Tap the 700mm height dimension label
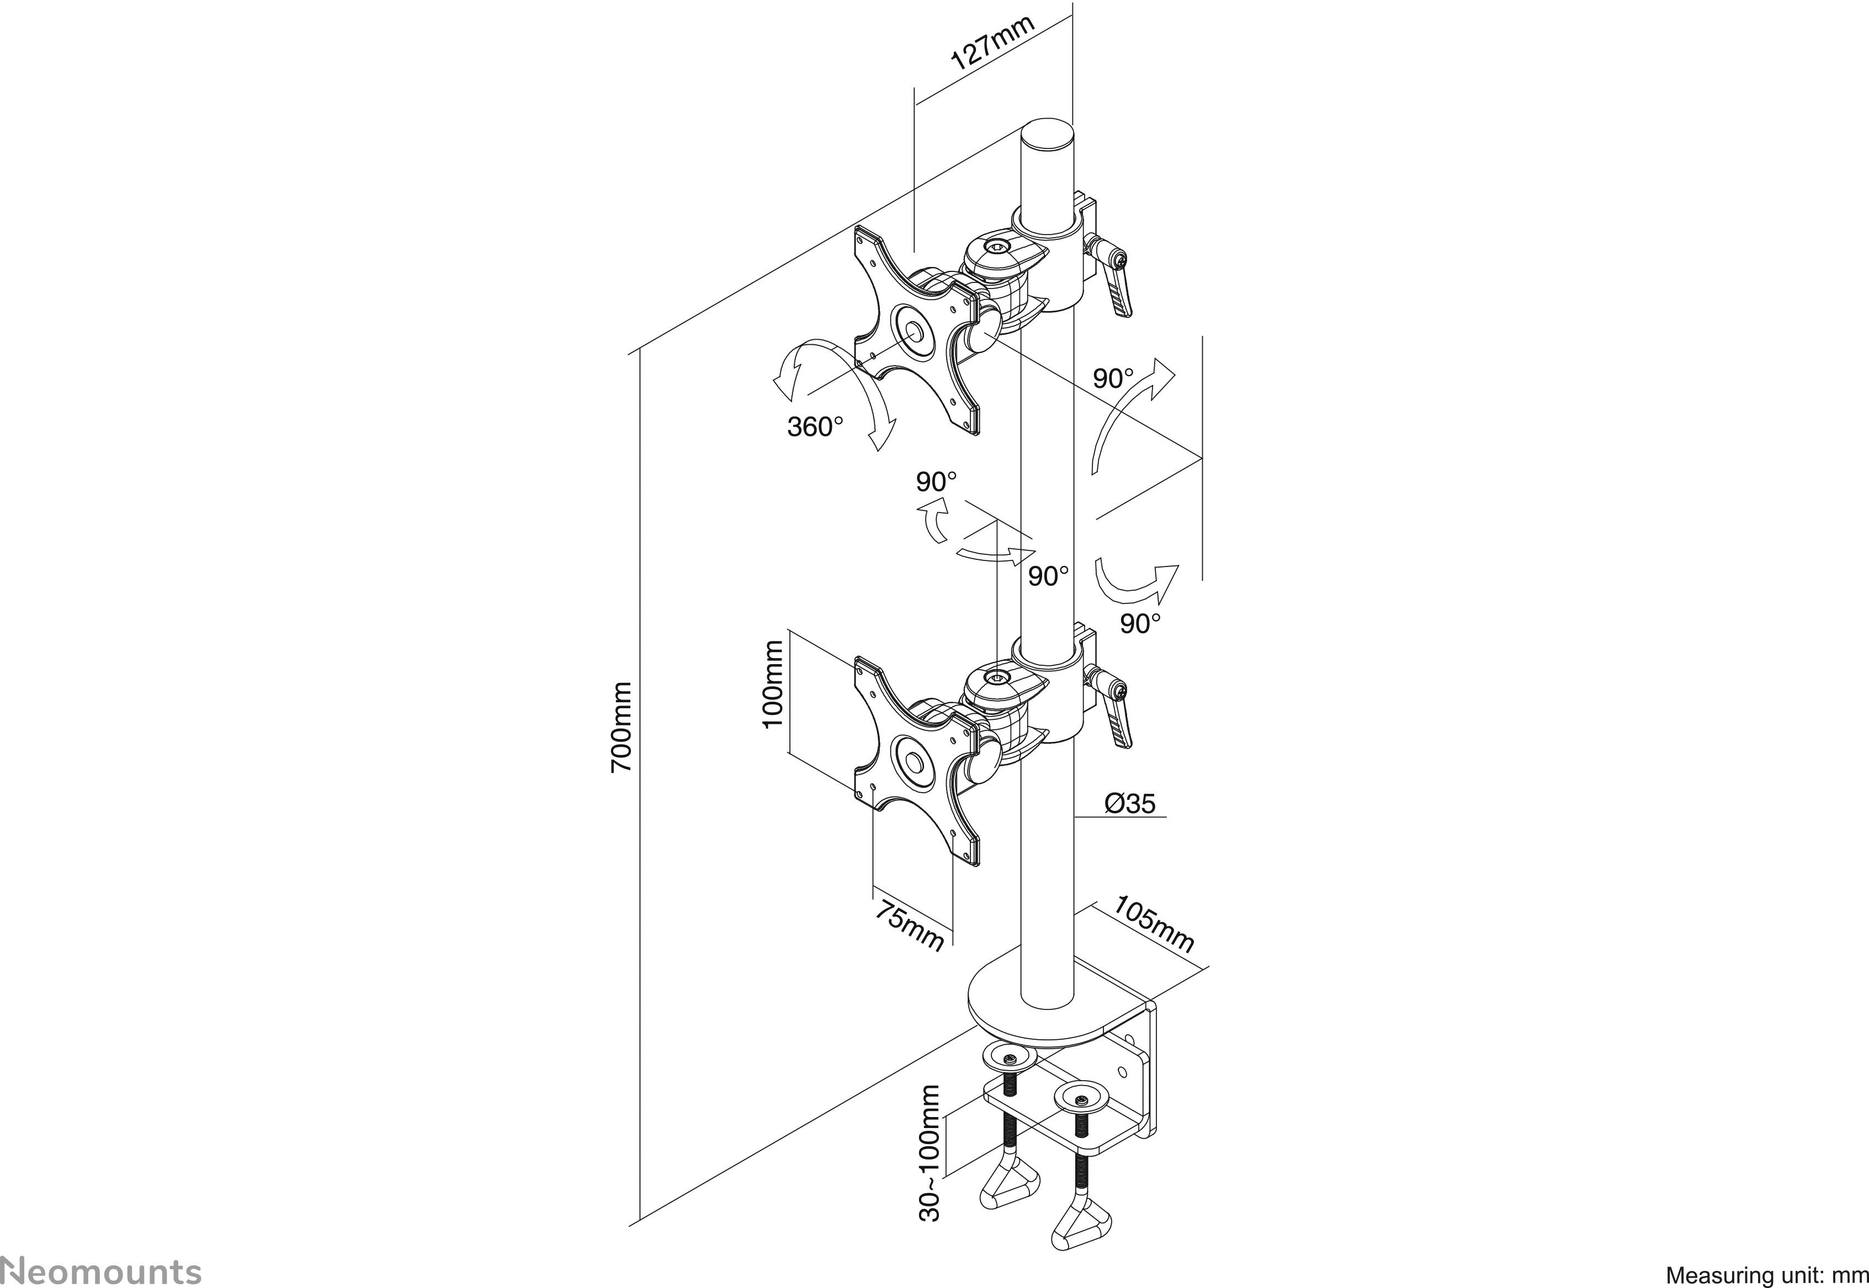[x=621, y=727]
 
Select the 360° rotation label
[x=815, y=426]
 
